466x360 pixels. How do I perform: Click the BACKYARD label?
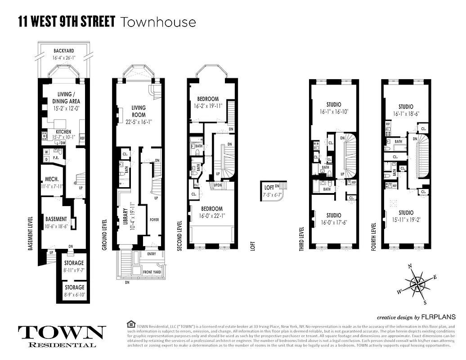click(x=63, y=51)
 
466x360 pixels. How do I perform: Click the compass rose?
click(x=418, y=283)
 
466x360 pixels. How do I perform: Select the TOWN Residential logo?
click(x=62, y=335)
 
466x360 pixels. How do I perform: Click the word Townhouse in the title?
click(x=157, y=21)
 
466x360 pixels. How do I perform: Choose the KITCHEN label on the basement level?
click(x=63, y=132)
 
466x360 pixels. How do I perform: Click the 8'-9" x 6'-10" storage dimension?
click(x=74, y=295)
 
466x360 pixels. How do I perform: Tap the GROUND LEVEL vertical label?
click(x=105, y=234)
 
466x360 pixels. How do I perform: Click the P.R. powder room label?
click(x=57, y=158)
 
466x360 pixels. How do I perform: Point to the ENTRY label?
click(x=151, y=254)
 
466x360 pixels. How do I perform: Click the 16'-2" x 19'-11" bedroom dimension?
click(x=207, y=107)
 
